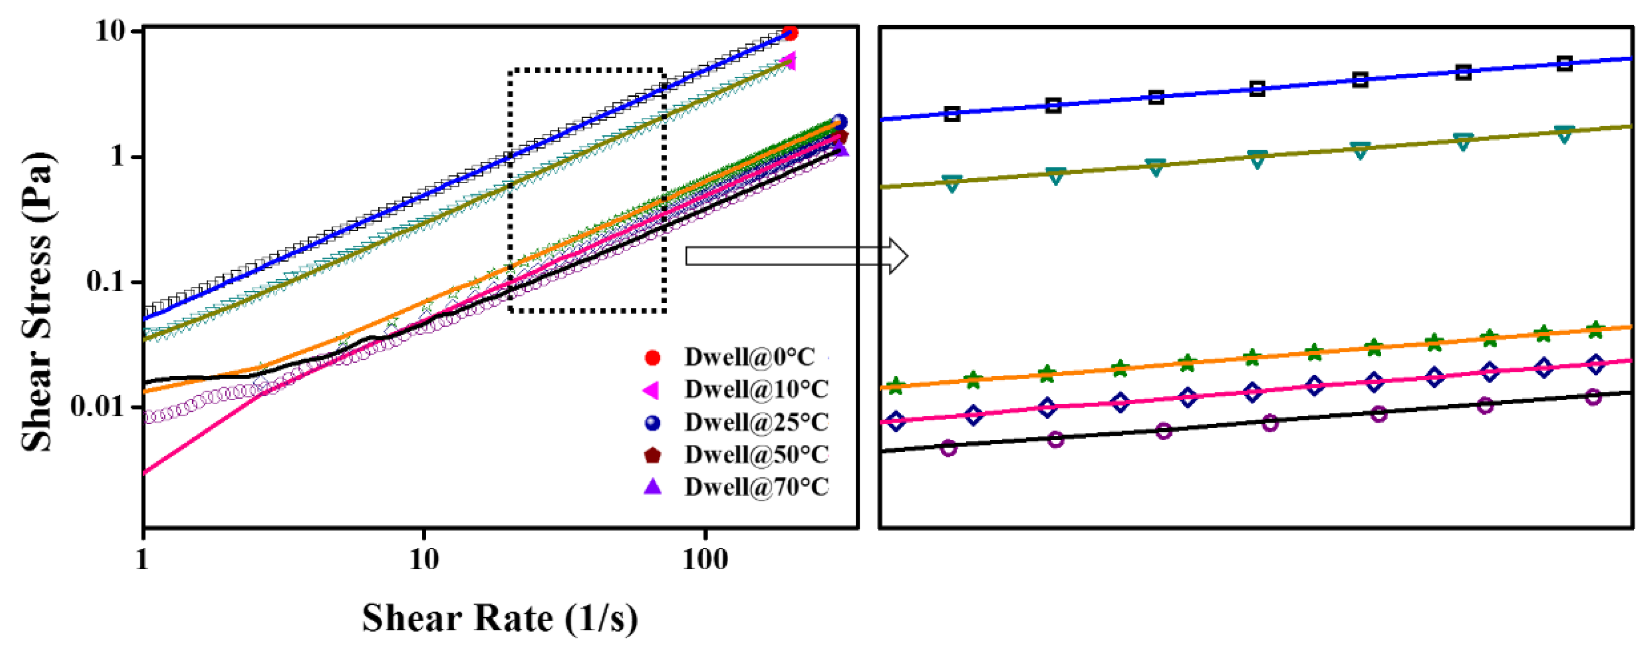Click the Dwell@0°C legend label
749,357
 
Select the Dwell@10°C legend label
756,389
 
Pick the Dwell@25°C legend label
756,422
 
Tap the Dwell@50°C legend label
756,455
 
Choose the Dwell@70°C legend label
756,488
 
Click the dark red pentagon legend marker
652,455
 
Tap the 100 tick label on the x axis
705,560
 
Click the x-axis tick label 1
142,560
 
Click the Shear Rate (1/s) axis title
499,618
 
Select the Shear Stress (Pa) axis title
37,301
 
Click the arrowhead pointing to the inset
899,256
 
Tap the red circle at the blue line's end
790,33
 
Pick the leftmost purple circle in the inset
949,448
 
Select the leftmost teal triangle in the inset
952,184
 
